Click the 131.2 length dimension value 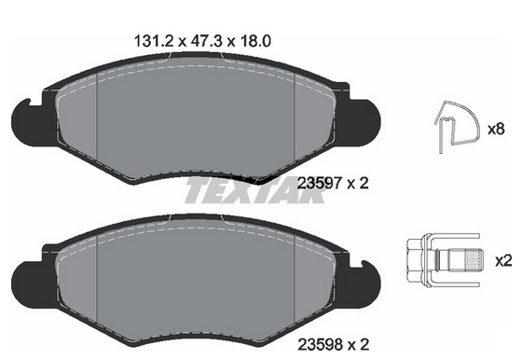(x=154, y=41)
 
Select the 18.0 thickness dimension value (x=254, y=41)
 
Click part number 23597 (x=319, y=183)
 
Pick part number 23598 (x=320, y=344)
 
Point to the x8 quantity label (x=496, y=129)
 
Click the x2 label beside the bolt (x=503, y=260)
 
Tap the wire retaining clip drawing (x=457, y=127)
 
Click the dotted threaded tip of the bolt (x=474, y=260)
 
